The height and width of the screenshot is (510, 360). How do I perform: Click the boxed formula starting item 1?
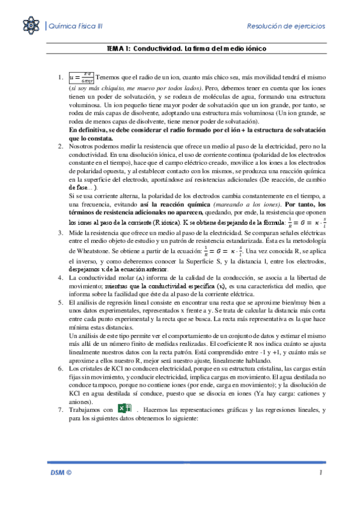pos(82,78)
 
